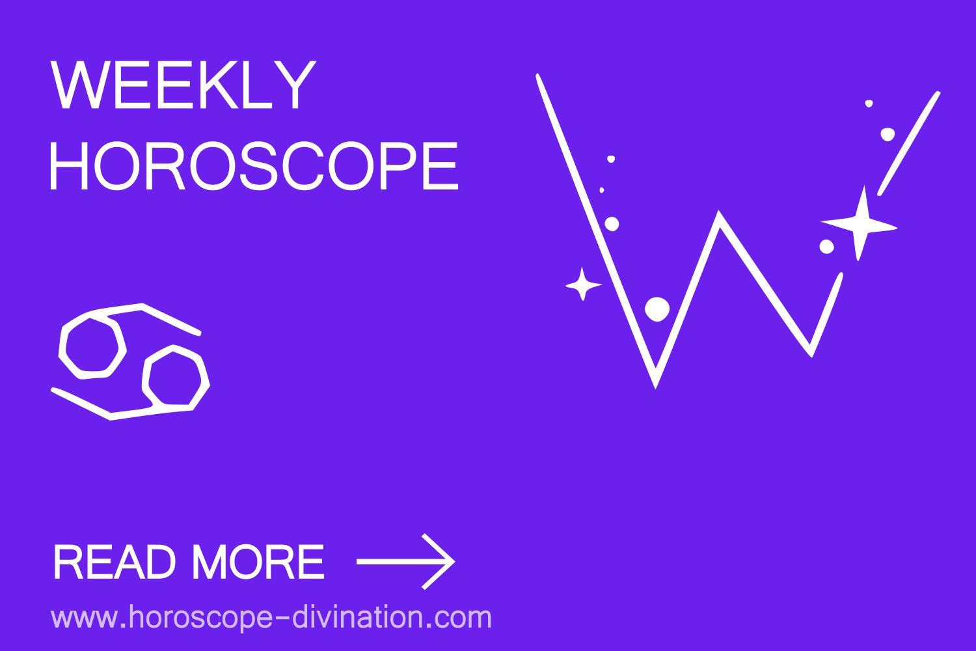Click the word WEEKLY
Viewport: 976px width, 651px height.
tap(183, 85)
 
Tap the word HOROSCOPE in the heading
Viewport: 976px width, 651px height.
tap(254, 166)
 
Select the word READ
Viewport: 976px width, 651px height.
tap(114, 562)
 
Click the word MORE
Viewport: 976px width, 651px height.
tap(258, 562)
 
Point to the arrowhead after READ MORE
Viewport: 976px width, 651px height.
tap(442, 561)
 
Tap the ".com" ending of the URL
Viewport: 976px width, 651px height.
tap(461, 617)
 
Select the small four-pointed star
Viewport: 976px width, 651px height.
tap(583, 284)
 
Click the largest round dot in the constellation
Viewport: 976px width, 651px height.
tap(657, 309)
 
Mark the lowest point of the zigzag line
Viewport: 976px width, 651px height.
tap(655, 384)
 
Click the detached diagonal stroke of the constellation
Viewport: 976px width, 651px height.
tap(909, 143)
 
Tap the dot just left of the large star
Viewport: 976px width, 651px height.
tap(826, 247)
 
